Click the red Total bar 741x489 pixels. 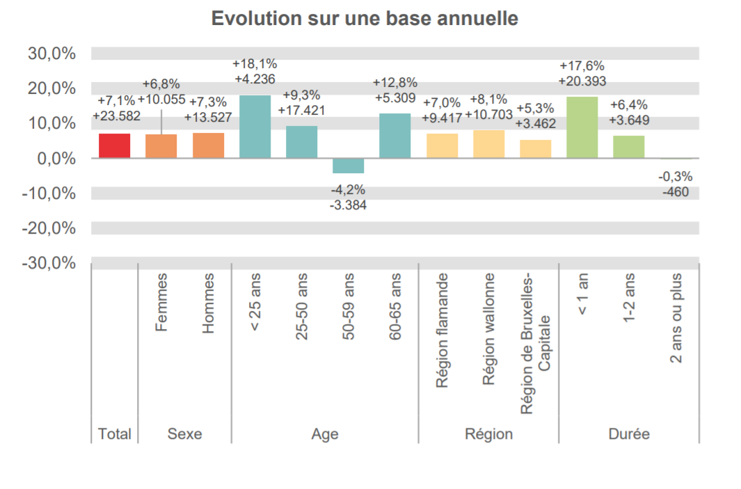point(114,145)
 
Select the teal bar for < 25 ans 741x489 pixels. point(255,127)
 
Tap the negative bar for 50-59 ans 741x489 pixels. point(348,166)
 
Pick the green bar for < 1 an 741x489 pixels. point(582,127)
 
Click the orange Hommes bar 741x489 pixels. point(208,145)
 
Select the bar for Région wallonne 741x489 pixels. point(488,144)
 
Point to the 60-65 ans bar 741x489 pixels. point(395,136)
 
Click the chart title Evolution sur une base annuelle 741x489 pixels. point(365,18)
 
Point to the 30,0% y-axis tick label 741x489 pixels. point(51,54)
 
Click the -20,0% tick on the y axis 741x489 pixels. point(49,228)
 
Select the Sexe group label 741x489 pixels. point(184,434)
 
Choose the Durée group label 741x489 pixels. point(628,434)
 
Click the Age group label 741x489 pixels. point(325,434)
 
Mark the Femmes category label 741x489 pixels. point(162,303)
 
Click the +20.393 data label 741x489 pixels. point(582,81)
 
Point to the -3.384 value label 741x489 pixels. point(348,205)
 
